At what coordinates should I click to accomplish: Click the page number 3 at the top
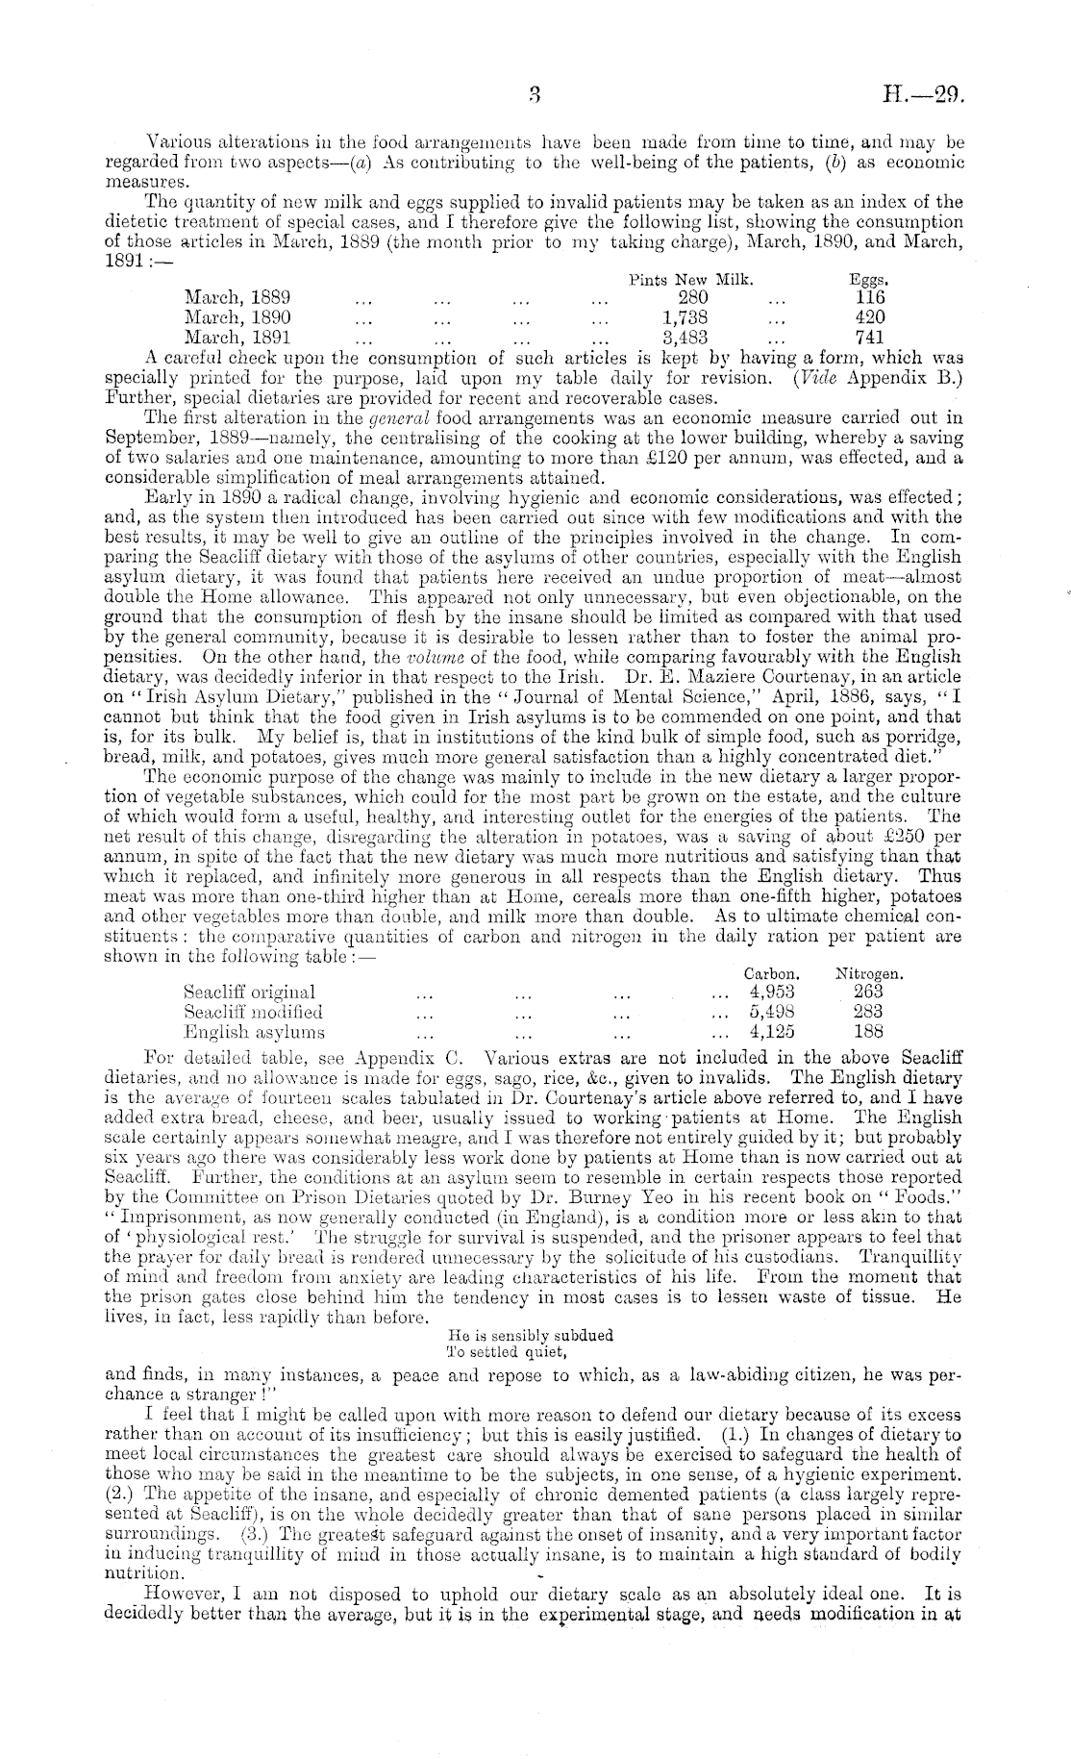(x=535, y=94)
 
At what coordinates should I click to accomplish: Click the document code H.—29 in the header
(x=922, y=94)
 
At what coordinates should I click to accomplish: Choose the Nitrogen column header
(x=868, y=973)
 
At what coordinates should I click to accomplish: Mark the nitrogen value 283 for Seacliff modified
(x=868, y=1011)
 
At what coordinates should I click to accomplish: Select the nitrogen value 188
(x=868, y=1032)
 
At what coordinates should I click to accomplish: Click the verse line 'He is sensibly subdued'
(x=531, y=1335)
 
